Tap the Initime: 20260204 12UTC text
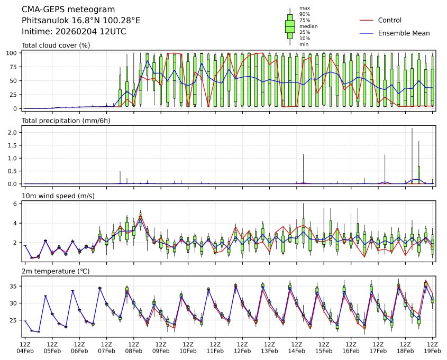tap(74, 32)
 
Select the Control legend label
tap(390, 21)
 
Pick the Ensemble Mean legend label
tap(404, 33)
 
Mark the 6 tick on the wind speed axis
tap(16, 204)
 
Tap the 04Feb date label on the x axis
tap(25, 350)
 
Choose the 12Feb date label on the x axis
tap(242, 350)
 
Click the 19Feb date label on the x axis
tap(432, 350)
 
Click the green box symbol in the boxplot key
tap(290, 26)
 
